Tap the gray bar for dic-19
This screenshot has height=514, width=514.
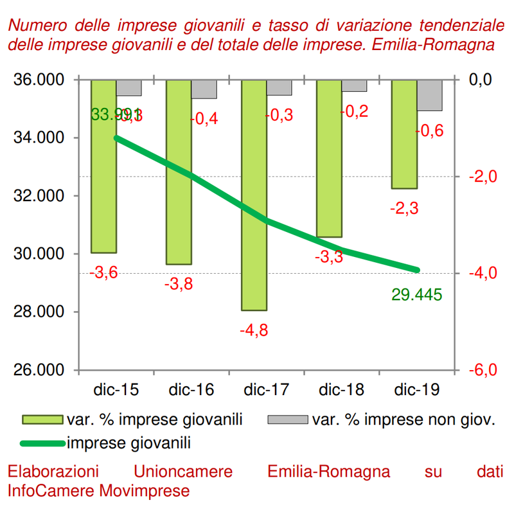coord(430,95)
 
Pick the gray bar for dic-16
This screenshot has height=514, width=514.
coord(204,89)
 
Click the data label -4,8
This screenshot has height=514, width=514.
coord(254,331)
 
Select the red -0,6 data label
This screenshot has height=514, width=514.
coord(429,131)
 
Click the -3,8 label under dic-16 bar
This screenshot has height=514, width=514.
coord(179,283)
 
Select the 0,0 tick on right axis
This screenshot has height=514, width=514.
coord(480,80)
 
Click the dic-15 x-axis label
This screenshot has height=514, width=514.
coord(116,390)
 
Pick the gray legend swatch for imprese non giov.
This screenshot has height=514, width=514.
coord(288,420)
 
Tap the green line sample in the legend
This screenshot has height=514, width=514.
coord(42,442)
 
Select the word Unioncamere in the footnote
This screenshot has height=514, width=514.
coord(184,472)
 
